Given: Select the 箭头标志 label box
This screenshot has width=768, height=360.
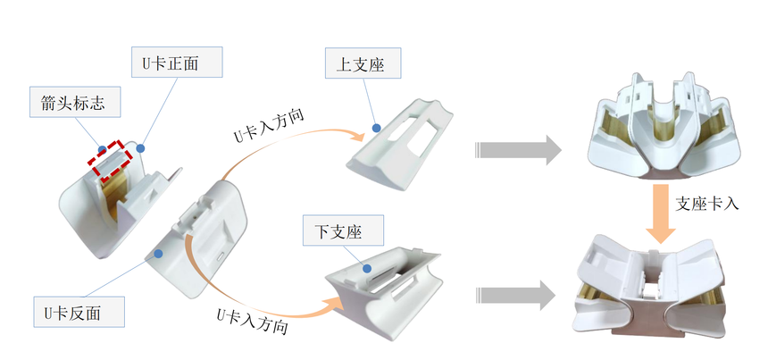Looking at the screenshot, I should tap(67, 103).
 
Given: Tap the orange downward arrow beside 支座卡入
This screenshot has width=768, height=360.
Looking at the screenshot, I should tap(663, 213).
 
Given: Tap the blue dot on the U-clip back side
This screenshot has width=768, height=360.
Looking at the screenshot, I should tap(157, 254).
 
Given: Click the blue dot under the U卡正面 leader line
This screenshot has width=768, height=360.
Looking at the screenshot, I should tap(142, 147).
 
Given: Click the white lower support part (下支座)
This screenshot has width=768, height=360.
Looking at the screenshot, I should tap(384, 285).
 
